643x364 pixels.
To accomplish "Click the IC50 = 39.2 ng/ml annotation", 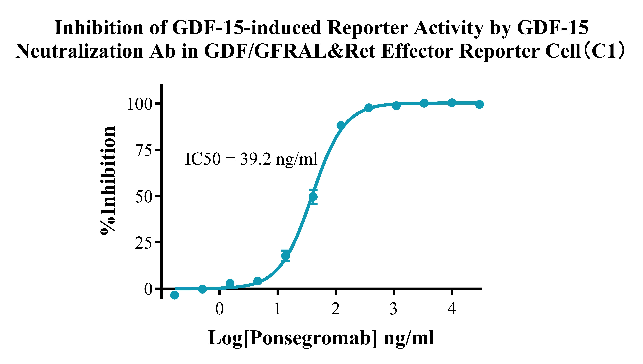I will tap(251, 159).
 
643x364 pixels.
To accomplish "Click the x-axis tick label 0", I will tap(219, 309).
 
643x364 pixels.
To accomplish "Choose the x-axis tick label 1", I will tap(277, 309).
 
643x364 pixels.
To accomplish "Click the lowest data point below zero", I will tap(175, 295).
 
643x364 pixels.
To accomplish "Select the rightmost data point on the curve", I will tap(479, 104).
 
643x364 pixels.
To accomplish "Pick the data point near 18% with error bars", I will tap(285, 256).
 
